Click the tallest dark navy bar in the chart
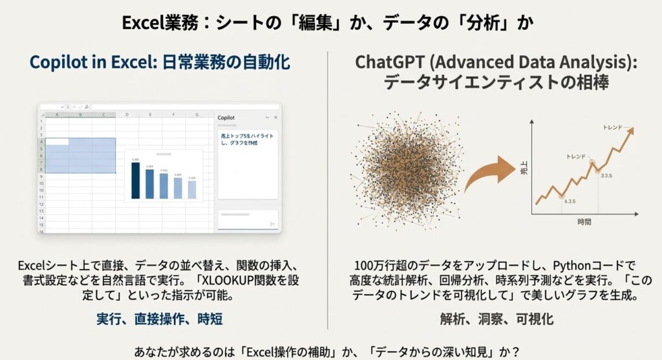(135, 180)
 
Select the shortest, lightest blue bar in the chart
(192, 189)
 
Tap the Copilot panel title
(227, 118)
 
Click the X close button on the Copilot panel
(275, 118)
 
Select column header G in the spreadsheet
(196, 114)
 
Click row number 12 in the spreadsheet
(40, 203)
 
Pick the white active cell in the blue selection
(57, 142)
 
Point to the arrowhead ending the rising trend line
(629, 130)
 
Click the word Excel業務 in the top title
(149, 23)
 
